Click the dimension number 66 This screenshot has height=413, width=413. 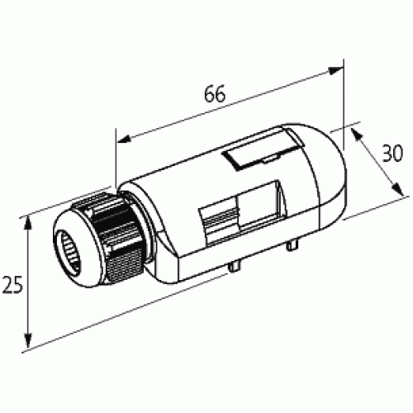pyautogui.click(x=215, y=93)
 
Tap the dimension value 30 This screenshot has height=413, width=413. pyautogui.click(x=391, y=153)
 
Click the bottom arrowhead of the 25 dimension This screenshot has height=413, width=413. pyautogui.click(x=29, y=345)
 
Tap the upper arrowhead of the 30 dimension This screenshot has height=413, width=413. pyautogui.click(x=356, y=131)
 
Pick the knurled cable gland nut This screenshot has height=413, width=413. pyautogui.click(x=107, y=223)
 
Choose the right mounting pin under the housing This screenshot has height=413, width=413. pyautogui.click(x=294, y=244)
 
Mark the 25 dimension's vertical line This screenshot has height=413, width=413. pyautogui.click(x=29, y=281)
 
